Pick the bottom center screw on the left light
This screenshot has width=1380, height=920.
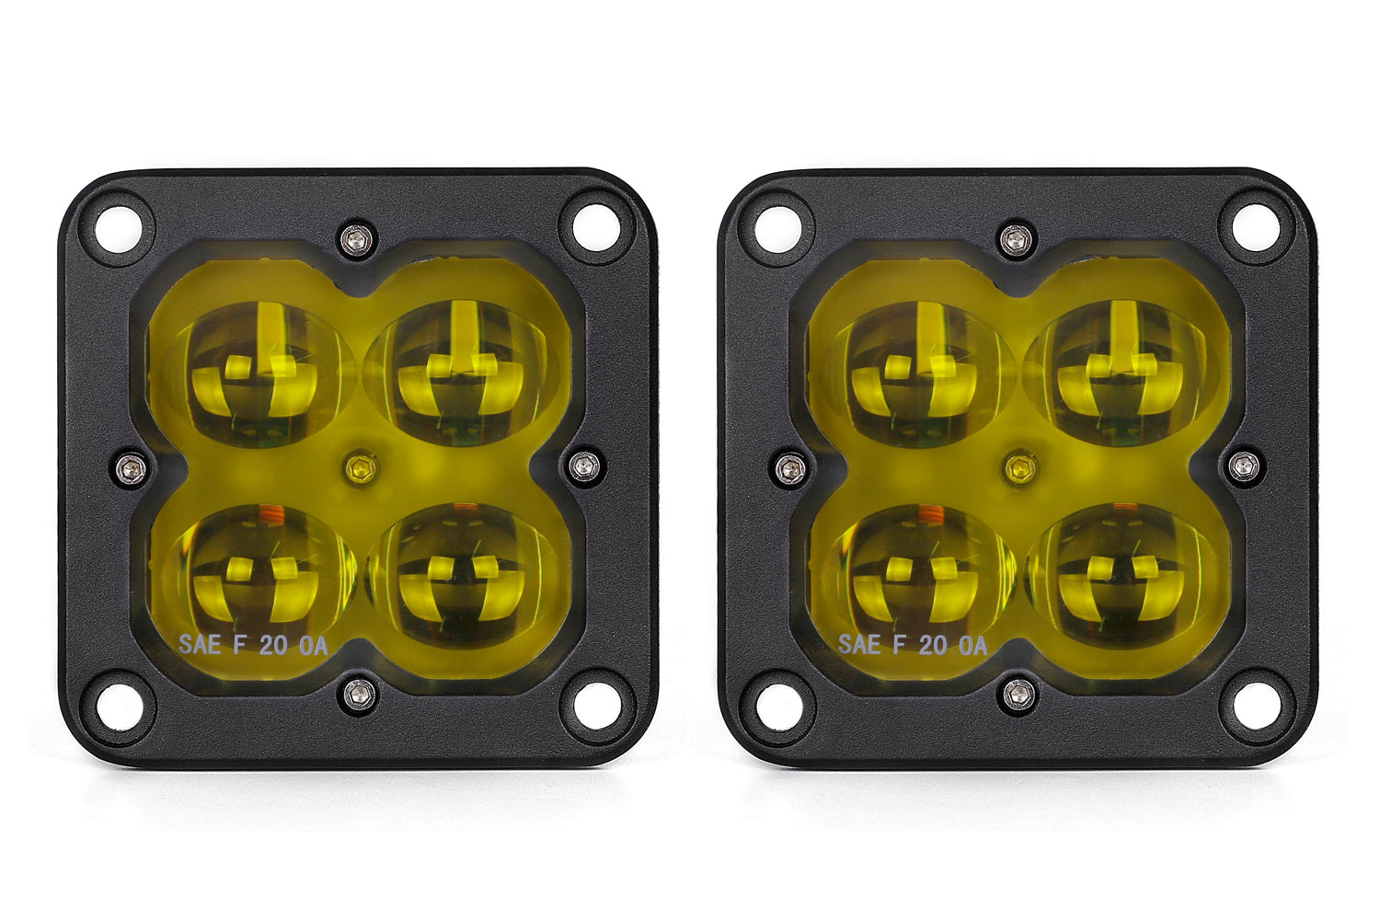(358, 694)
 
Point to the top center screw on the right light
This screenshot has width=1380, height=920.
(1016, 239)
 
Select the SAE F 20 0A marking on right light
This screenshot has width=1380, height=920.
(912, 645)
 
